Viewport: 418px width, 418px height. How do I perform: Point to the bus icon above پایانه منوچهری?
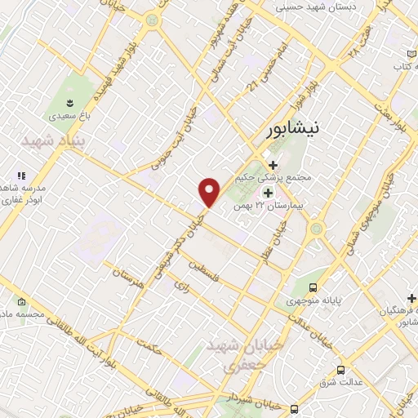click(x=313, y=287)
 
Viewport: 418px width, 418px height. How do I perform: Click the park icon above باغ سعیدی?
click(x=69, y=102)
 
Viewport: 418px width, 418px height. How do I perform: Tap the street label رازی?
click(x=181, y=285)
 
